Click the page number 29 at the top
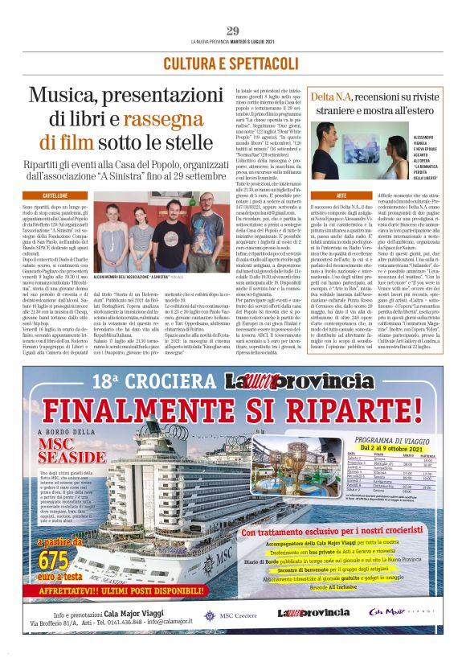tap(232, 31)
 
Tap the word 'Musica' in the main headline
tap(68, 97)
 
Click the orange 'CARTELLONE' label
tap(55, 195)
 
